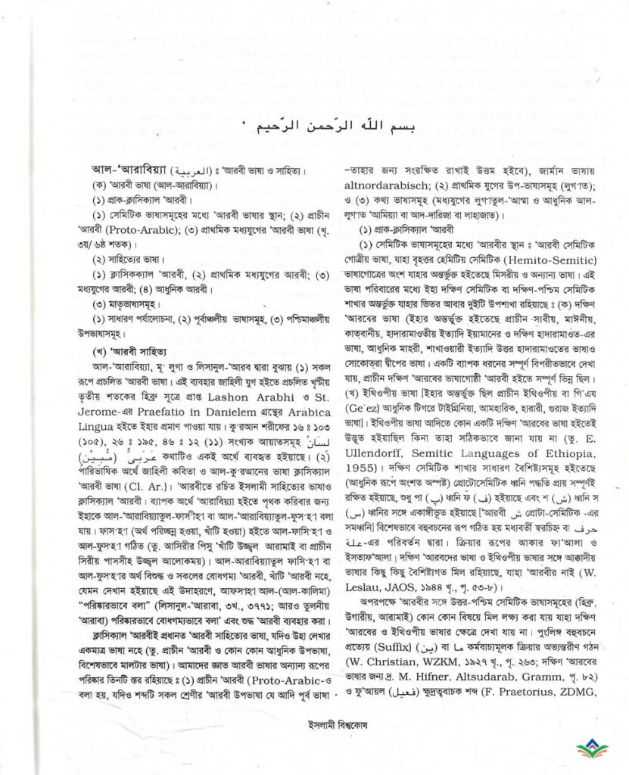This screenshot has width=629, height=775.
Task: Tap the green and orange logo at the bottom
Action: click(593, 749)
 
